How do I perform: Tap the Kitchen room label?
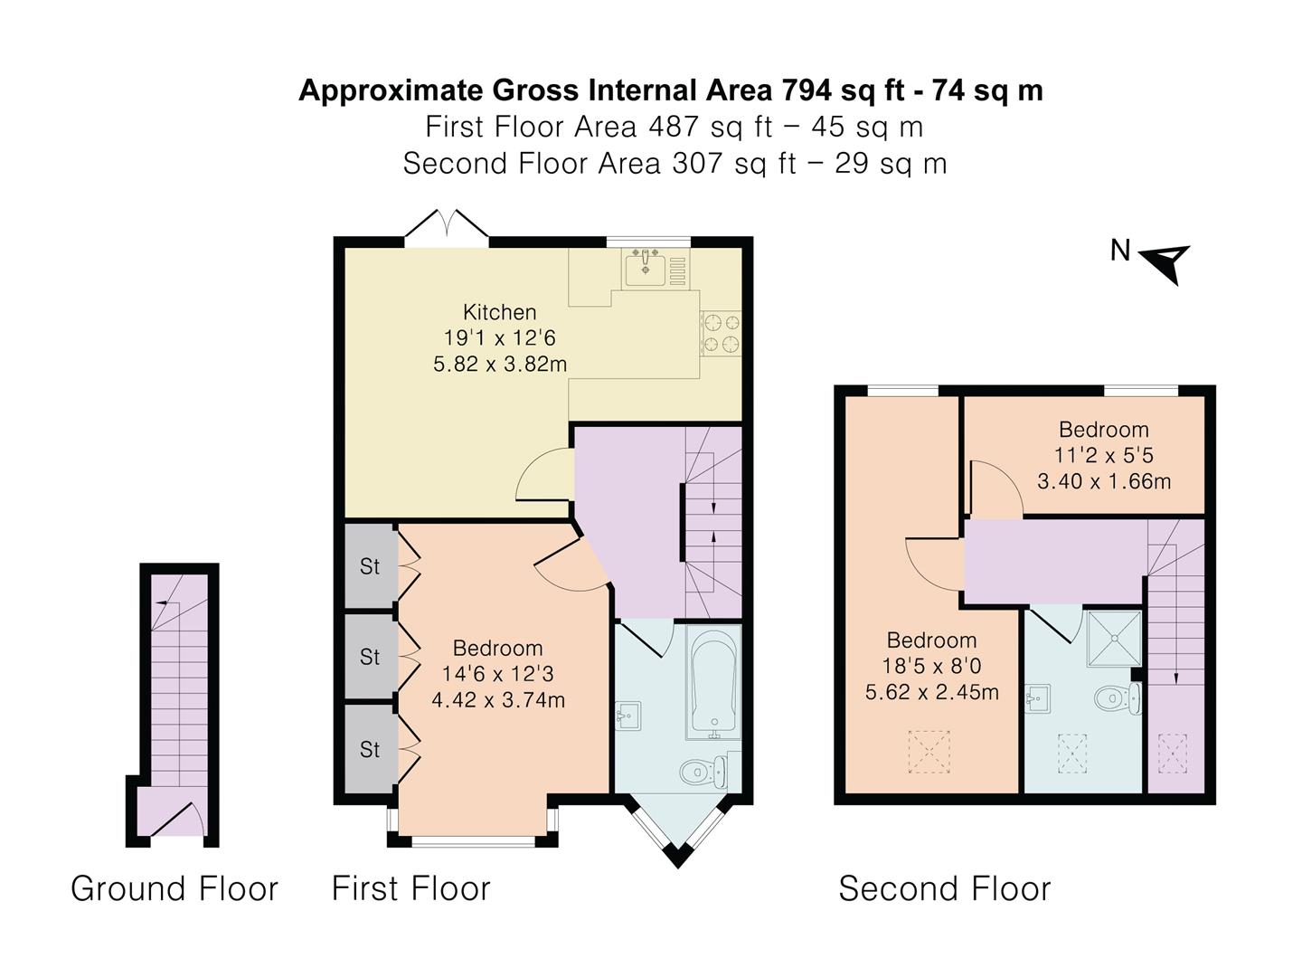[x=499, y=312]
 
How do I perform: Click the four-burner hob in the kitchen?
[x=721, y=332]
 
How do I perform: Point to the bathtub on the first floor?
[x=713, y=683]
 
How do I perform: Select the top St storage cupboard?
[x=370, y=566]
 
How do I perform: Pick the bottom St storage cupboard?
[x=370, y=749]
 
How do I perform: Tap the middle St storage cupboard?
[x=370, y=656]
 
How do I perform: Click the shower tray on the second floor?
[x=1114, y=638]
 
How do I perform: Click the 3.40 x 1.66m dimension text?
[x=1103, y=481]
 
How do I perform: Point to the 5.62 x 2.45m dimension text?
[x=931, y=693]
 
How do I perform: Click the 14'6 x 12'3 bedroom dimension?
[x=497, y=674]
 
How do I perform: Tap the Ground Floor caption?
[x=175, y=888]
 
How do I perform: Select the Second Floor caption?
[x=944, y=888]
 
